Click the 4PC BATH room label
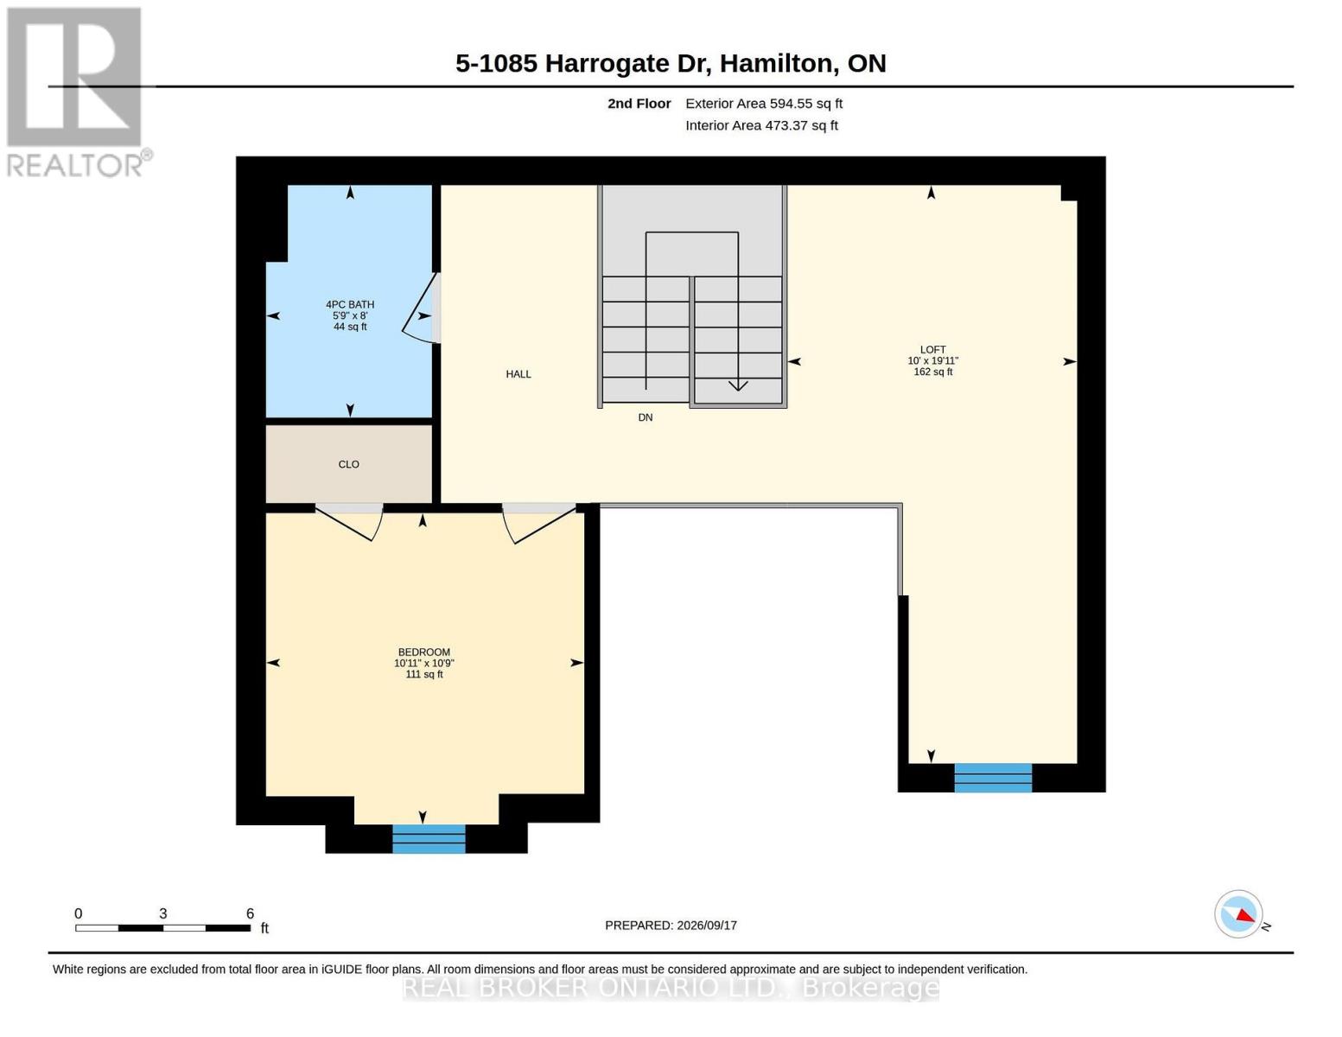point(350,304)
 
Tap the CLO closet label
point(348,464)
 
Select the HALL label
point(518,373)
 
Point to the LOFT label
point(932,350)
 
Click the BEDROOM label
point(423,652)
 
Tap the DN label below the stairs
point(645,417)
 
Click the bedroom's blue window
point(429,838)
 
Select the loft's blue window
point(992,778)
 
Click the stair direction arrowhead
point(738,386)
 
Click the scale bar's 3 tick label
point(163,913)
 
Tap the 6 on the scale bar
point(250,913)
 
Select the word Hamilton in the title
point(776,63)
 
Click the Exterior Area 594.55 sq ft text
point(763,103)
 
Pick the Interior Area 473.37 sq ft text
point(761,125)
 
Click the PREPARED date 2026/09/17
point(707,926)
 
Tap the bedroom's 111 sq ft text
point(423,674)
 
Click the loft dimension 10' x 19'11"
point(932,360)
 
